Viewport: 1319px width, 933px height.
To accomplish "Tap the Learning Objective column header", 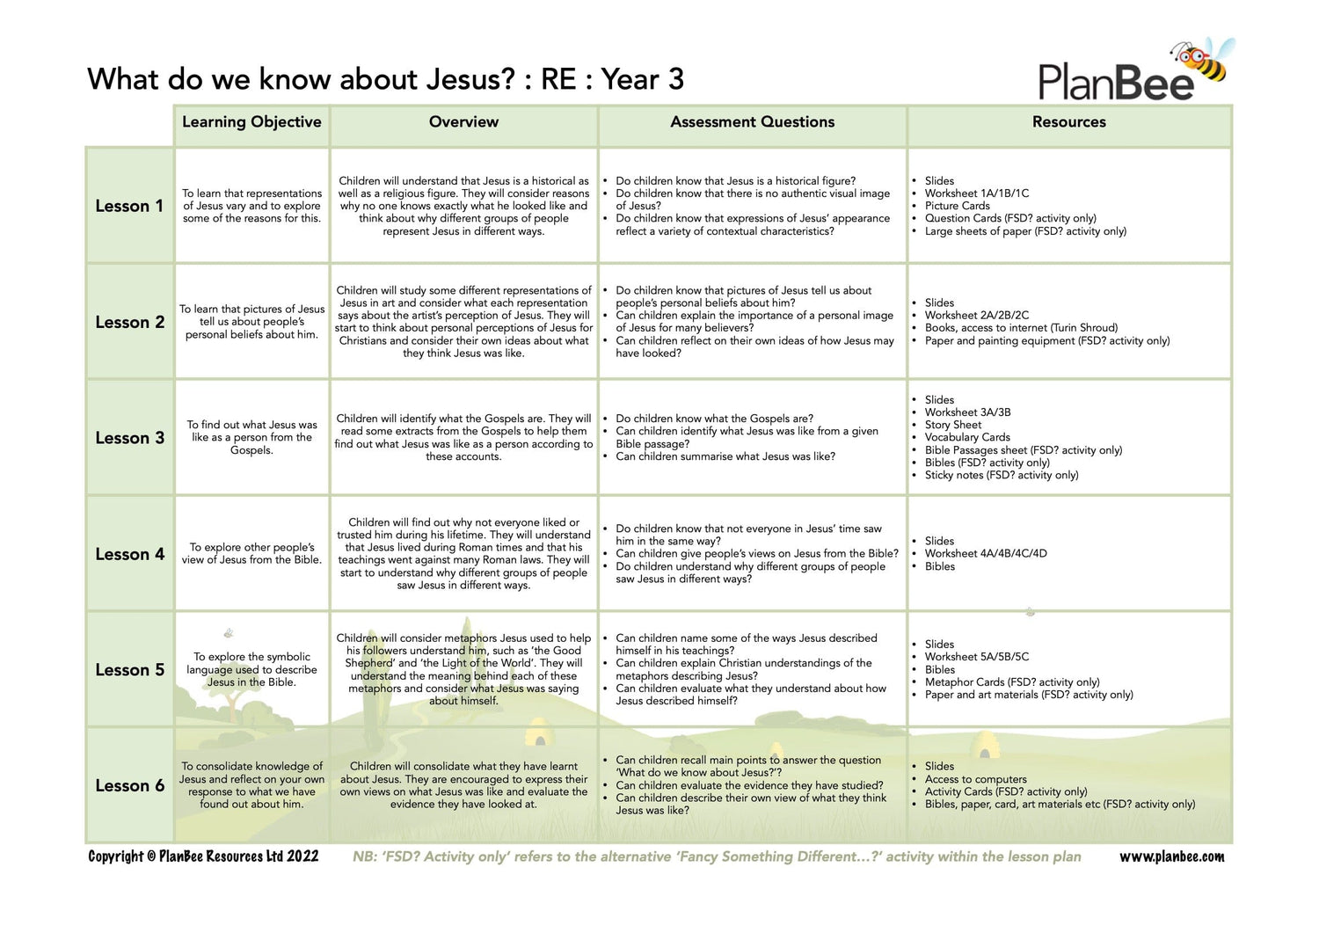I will coord(251,122).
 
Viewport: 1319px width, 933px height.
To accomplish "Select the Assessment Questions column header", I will coord(752,122).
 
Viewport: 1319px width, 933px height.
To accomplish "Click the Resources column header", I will coord(1068,122).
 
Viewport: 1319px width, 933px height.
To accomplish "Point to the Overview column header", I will coord(463,122).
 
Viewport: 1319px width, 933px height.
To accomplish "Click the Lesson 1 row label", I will coord(129,206).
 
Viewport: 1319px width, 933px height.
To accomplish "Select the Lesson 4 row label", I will coord(129,554).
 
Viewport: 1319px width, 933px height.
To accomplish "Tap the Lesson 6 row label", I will coord(129,786).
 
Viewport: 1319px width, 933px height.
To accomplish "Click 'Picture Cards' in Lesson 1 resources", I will coord(957,206).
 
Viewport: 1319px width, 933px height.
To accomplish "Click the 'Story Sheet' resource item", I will coord(952,425).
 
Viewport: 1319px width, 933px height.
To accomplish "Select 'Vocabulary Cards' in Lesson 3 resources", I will coord(967,437).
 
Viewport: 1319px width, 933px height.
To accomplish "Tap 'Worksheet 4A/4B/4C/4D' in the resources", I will coord(986,554).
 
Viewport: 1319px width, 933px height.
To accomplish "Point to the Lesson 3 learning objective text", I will coord(251,437).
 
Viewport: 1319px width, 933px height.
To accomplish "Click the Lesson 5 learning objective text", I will coord(251,669).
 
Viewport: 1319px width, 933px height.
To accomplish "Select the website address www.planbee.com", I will coord(1171,856).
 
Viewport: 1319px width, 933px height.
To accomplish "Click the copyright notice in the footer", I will coord(203,856).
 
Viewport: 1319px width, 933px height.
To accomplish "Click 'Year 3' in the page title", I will coord(643,79).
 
